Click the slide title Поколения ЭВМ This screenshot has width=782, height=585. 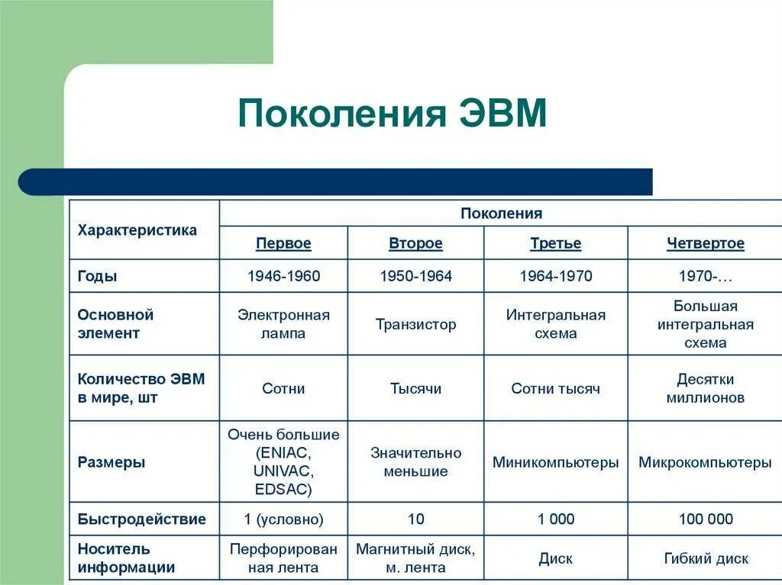click(393, 114)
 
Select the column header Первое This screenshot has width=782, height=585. click(283, 244)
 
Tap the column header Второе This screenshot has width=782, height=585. click(415, 244)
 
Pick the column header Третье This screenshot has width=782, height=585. click(555, 244)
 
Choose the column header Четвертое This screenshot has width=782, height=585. click(705, 244)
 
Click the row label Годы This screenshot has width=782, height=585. click(98, 276)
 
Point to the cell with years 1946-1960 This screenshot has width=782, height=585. click(283, 276)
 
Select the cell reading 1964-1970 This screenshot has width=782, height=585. click(555, 276)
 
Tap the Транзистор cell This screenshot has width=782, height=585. click(415, 324)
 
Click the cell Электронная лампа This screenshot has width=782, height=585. click(283, 324)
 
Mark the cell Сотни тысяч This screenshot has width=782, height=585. click(555, 388)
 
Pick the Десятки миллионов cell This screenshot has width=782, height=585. click(705, 388)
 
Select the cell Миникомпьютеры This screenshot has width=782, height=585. click(555, 462)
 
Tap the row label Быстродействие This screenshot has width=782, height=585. click(142, 519)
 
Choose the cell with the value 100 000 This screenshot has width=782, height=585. click(705, 519)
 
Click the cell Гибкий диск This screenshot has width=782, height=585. click(705, 558)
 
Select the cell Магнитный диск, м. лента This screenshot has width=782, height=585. click(415, 558)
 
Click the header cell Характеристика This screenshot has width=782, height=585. click(137, 230)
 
